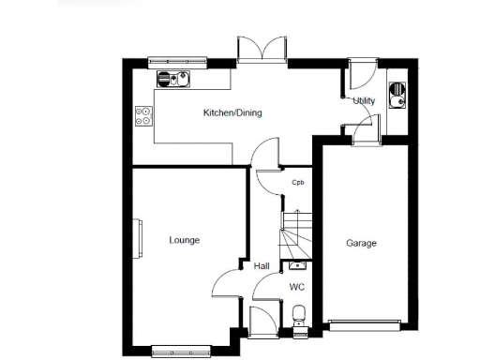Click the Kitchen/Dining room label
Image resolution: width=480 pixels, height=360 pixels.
click(232, 113)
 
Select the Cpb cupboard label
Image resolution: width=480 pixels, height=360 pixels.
click(298, 182)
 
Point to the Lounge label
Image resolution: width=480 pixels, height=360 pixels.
click(184, 240)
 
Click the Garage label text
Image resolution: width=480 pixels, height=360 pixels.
click(361, 244)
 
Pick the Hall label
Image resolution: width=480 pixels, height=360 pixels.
click(262, 266)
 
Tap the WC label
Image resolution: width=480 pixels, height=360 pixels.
click(296, 287)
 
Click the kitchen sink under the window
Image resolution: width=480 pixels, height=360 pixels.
click(173, 79)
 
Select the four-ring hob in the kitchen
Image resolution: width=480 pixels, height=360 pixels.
click(145, 116)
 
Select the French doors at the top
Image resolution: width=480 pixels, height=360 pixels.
click(262, 49)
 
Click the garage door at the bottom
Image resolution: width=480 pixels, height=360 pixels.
click(365, 326)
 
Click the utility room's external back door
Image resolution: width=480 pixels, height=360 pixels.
click(361, 73)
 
